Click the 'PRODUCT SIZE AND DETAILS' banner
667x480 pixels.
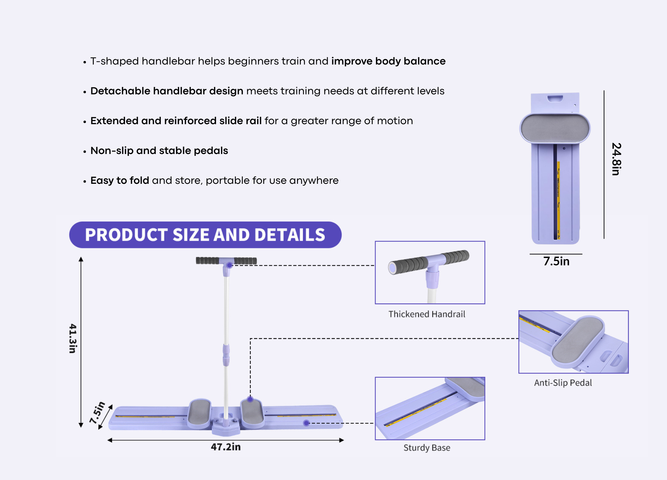[x=205, y=235]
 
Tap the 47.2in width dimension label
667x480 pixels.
[x=226, y=447]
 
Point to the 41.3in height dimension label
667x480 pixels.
[x=73, y=338]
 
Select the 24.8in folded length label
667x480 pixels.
[x=616, y=159]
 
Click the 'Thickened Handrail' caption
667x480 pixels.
[x=427, y=314]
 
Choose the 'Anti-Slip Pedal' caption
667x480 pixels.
[x=563, y=383]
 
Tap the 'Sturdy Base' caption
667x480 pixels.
[x=427, y=448]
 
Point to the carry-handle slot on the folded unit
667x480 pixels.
[x=555, y=98]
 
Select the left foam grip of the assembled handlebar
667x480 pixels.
[x=207, y=260]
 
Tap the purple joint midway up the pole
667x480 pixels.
[x=226, y=355]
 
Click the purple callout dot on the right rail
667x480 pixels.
[x=306, y=423]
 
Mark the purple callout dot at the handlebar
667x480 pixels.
[x=229, y=265]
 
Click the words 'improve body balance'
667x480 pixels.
[x=388, y=61]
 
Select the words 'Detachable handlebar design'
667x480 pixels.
[x=167, y=91]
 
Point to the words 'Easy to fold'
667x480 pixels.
[x=120, y=180]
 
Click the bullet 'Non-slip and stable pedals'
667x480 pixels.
[x=159, y=151]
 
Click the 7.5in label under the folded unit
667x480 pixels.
[x=557, y=261]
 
